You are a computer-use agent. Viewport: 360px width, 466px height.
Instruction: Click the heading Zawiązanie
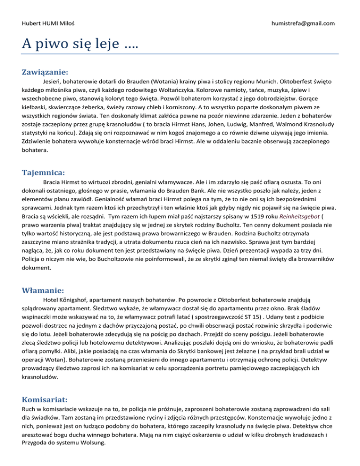pyautogui.click(x=45, y=72)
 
